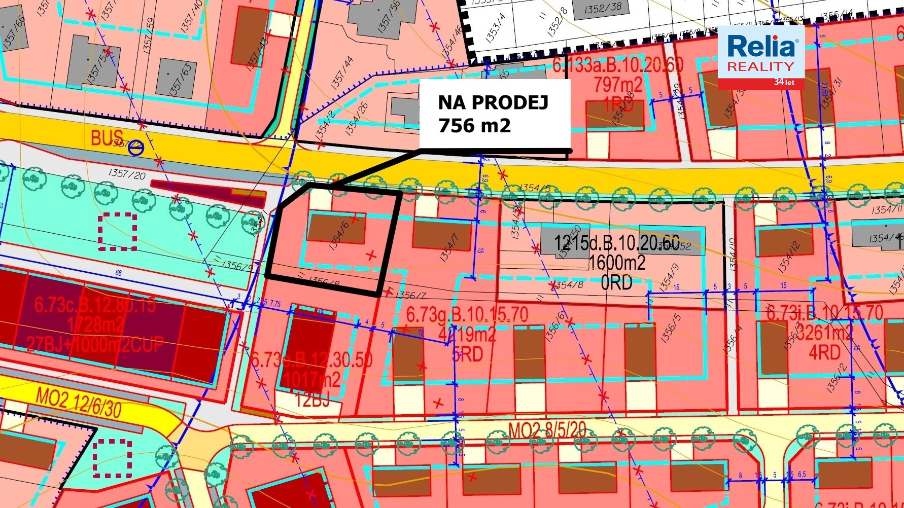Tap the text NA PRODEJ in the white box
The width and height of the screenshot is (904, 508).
point(493,102)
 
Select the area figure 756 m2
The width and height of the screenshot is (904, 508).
point(474,125)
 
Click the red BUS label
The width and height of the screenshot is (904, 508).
point(107,138)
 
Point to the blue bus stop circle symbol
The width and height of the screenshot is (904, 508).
point(136,148)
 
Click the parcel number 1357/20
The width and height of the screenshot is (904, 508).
point(126,174)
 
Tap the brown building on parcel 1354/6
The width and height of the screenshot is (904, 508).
point(336,229)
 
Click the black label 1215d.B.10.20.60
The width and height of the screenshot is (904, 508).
point(616,243)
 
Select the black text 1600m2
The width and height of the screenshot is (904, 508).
point(616,263)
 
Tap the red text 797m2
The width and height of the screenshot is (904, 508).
point(618,84)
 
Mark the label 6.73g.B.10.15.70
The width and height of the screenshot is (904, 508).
point(467,314)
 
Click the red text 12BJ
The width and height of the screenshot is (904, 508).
point(312,400)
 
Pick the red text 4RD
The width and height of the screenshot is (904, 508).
point(824,352)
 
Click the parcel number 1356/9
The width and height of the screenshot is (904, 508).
point(237,265)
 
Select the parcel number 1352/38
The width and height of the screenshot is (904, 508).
point(603,8)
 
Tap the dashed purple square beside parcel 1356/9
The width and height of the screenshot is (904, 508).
point(118,232)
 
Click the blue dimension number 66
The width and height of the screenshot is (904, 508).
point(118,273)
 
